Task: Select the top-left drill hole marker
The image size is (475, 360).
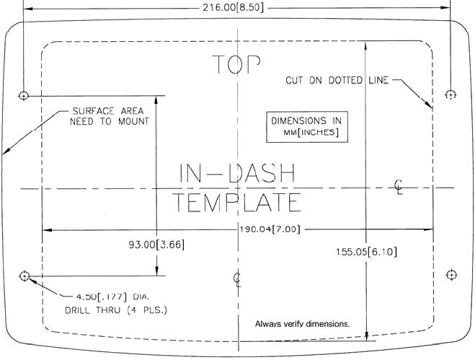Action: click(24, 95)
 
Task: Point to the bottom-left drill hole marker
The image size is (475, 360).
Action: click(24, 275)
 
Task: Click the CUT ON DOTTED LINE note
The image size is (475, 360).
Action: click(336, 81)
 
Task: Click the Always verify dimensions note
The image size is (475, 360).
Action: click(303, 324)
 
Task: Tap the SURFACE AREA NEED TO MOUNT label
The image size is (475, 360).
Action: click(109, 116)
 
